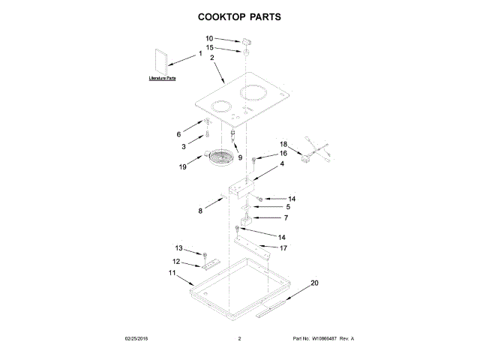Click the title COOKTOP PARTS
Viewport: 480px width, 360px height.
239,16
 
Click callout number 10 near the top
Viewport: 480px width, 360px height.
209,38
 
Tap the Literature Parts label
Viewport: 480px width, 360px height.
161,78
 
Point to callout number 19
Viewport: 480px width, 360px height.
182,167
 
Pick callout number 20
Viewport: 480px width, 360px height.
314,283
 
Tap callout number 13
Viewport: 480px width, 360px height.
178,248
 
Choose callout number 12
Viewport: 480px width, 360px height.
176,262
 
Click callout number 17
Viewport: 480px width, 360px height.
283,247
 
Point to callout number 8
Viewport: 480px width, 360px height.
200,211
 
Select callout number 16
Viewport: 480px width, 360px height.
283,154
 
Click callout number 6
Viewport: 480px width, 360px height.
178,134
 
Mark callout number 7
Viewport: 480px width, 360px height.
285,217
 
